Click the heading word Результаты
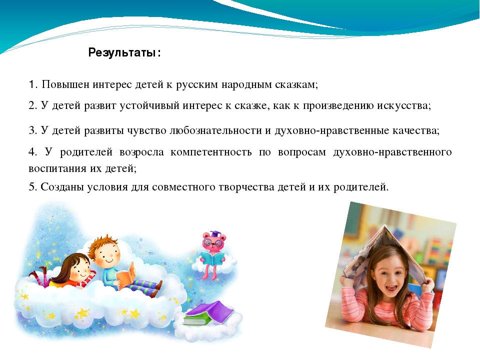(122, 52)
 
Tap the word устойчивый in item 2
(149, 105)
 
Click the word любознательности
(215, 130)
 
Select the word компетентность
(211, 152)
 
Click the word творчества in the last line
(246, 187)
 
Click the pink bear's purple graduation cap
(215, 234)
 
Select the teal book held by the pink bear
(213, 259)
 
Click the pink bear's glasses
(213, 243)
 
